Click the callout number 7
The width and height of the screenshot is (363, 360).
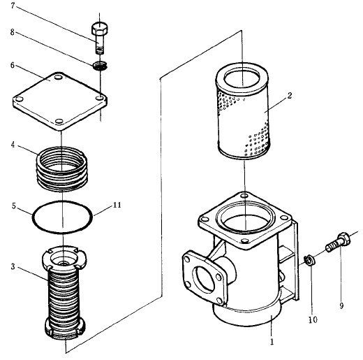[13, 6]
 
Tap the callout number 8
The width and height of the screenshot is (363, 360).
[13, 32]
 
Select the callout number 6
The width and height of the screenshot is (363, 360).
[13, 65]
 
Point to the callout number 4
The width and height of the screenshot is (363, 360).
[13, 145]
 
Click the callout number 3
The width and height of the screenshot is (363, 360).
[13, 266]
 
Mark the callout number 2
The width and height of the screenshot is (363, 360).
[290, 95]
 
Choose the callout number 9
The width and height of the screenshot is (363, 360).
[341, 305]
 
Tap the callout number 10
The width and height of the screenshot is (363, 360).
[313, 319]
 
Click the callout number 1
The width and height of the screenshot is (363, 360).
[272, 342]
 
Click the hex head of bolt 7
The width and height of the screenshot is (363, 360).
[100, 28]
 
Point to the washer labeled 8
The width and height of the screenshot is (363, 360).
[100, 65]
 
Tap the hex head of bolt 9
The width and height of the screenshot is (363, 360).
[344, 238]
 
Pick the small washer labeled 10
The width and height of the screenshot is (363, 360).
[309, 260]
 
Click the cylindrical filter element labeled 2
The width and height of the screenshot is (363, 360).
[243, 111]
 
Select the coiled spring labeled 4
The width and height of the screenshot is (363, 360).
[62, 169]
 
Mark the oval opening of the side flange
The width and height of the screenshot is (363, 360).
[204, 279]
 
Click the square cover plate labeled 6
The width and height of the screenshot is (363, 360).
[60, 101]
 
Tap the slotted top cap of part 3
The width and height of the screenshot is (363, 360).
[64, 258]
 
